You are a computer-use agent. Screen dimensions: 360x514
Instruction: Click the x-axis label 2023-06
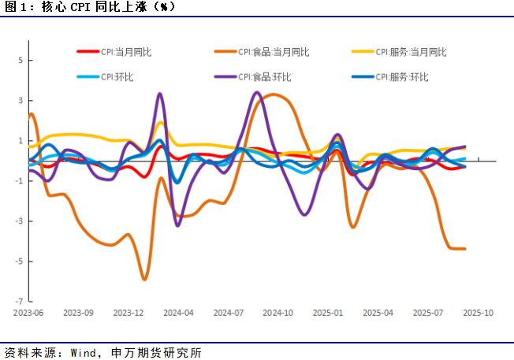pos(28,313)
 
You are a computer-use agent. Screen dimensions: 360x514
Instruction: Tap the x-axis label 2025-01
pos(328,313)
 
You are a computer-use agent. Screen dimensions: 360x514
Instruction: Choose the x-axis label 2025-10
pos(478,313)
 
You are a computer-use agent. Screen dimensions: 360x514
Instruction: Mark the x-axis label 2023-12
pos(128,313)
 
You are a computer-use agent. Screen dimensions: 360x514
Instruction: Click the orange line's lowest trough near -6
pos(144,279)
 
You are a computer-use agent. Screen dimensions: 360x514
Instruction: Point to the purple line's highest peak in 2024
pos(257,92)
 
